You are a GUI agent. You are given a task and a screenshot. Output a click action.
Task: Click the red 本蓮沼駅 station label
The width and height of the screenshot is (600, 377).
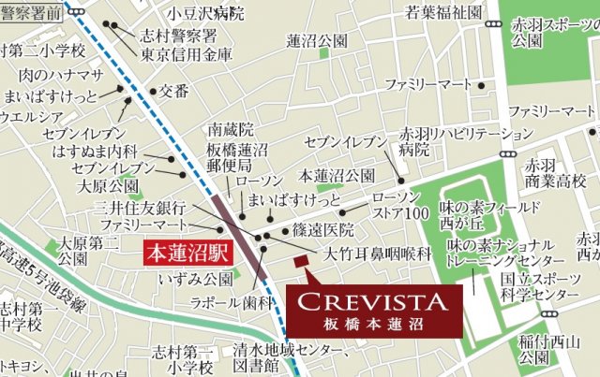pos(187,252)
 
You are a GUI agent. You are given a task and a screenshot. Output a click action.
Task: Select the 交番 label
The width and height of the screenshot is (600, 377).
pos(173,92)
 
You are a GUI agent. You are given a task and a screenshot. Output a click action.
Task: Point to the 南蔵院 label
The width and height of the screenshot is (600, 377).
pos(232,129)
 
